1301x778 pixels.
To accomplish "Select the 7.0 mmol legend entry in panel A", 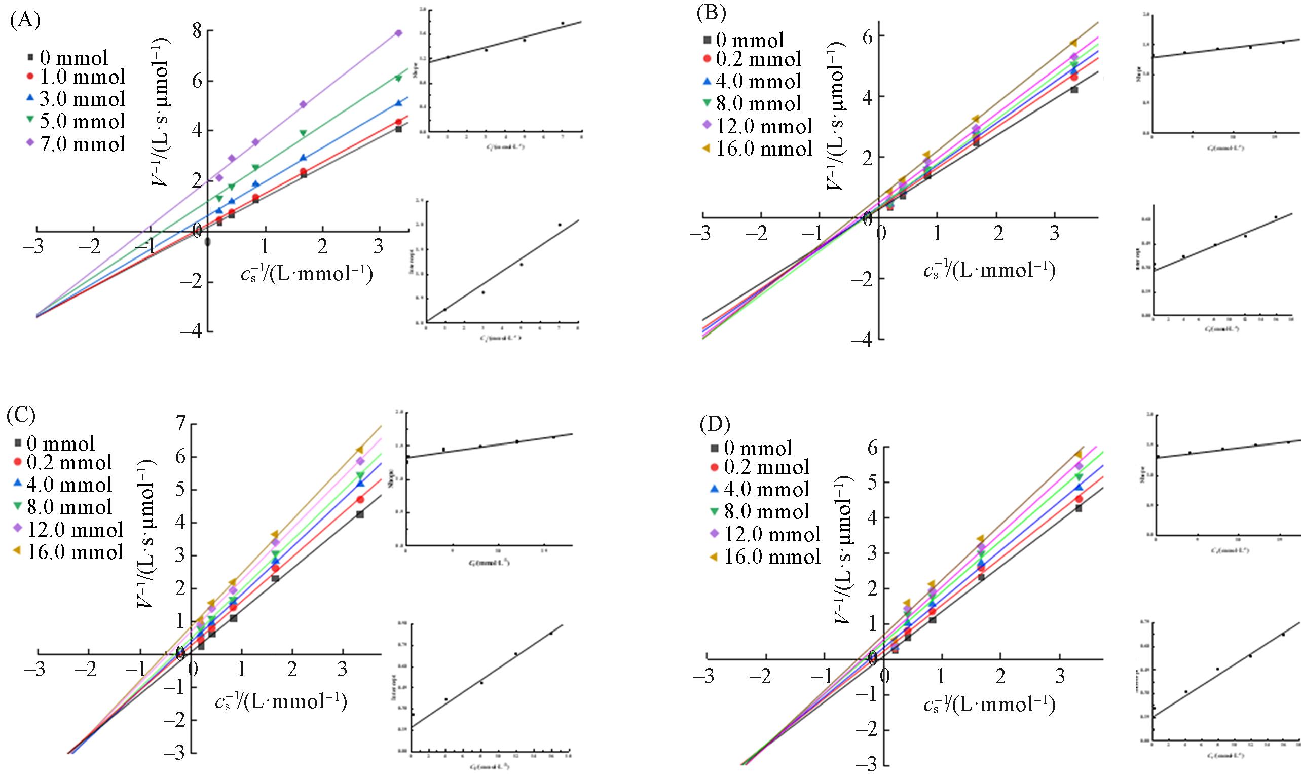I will coord(77,143).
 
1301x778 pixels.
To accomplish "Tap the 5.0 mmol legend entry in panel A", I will coord(77,121).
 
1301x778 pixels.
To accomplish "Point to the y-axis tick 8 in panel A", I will coord(197,31).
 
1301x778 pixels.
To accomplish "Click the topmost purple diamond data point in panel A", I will coord(398,33).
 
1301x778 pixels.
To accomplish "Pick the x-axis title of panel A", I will coord(307,274).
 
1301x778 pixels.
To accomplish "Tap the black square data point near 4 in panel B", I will coord(1074,90).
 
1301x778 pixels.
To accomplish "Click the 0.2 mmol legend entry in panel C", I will coord(63,462).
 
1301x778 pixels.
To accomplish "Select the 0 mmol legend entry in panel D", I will coord(751,448).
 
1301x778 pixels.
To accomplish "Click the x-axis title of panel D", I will coord(989,706).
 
